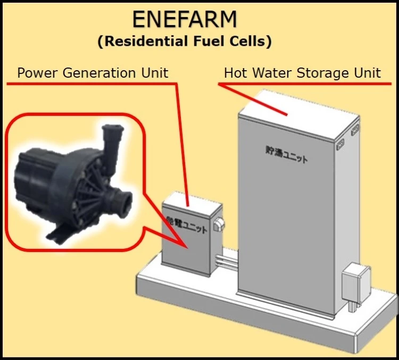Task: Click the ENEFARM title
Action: point(184,20)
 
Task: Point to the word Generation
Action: point(99,73)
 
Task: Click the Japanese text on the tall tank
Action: point(287,154)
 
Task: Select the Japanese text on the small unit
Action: point(187,225)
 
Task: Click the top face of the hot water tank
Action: point(298,108)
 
